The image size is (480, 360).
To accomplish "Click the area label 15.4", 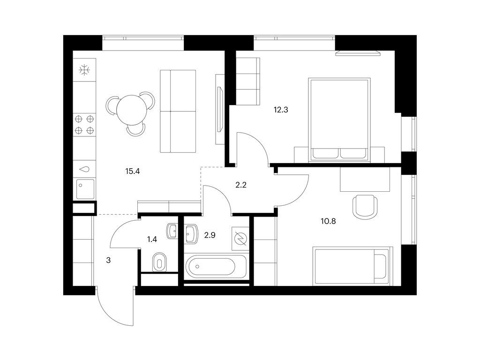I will (x=133, y=171).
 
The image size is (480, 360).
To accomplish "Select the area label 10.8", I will (x=328, y=221).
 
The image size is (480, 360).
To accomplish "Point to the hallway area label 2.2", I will (x=241, y=185).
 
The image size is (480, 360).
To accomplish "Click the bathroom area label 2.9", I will (x=209, y=235).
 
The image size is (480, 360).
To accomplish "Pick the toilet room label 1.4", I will (x=152, y=240).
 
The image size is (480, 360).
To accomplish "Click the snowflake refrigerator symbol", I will (x=84, y=71).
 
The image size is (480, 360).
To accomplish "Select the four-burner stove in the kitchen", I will (x=84, y=124).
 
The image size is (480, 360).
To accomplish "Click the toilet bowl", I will (x=160, y=262).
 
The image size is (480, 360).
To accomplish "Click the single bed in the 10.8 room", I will (x=351, y=266).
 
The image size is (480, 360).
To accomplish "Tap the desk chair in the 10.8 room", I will (x=364, y=206).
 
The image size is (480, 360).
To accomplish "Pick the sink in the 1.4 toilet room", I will (x=172, y=230).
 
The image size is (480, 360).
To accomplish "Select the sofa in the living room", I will (x=178, y=111).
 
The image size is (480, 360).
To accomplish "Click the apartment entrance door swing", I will (x=115, y=307).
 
